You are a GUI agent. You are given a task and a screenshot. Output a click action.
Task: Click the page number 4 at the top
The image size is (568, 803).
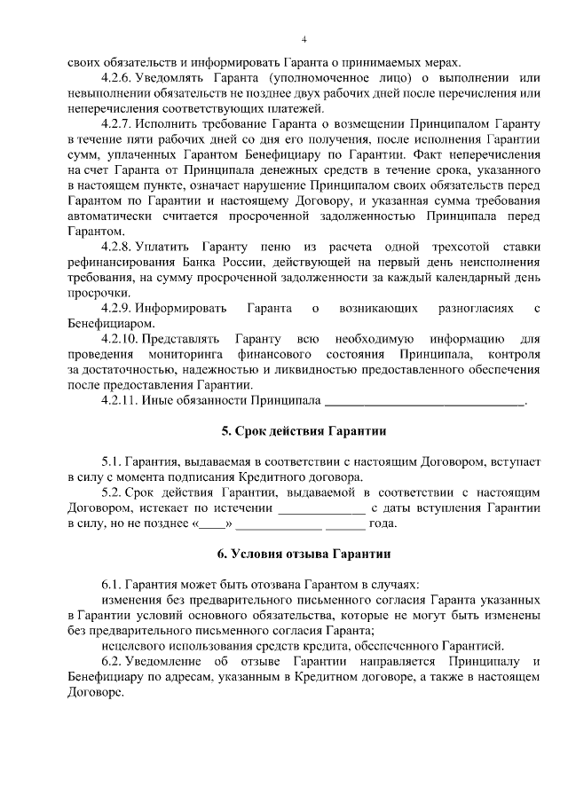(x=304, y=39)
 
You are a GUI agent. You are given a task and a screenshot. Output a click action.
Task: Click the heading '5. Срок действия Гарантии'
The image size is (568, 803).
(x=304, y=431)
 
